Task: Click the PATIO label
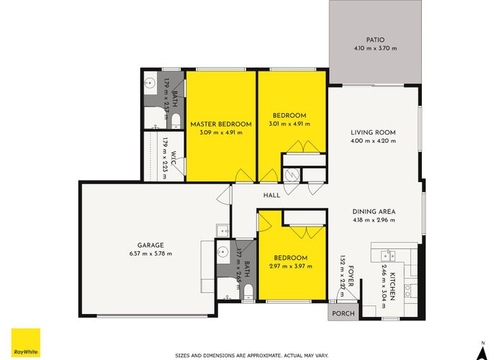(x=375, y=40)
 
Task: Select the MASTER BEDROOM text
(x=221, y=124)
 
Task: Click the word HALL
(x=271, y=195)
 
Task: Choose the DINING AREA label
(x=374, y=212)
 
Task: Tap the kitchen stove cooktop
(x=410, y=290)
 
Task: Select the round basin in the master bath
(x=150, y=81)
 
